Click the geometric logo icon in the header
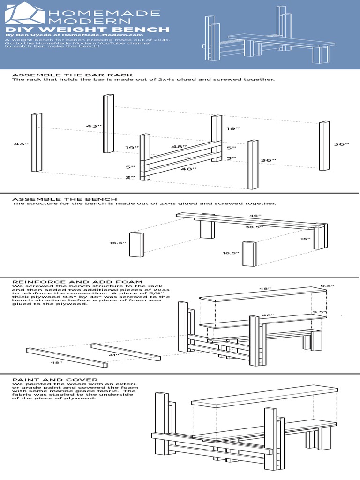pos(24,13)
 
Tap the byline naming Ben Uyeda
pos(74,35)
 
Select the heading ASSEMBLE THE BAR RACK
pos(72,75)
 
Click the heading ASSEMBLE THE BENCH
pos(65,199)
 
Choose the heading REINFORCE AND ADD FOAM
pos(77,282)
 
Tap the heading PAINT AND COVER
pos(55,380)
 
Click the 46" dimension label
pos(255,216)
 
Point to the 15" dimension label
pos(306,239)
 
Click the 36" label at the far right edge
pos(341,144)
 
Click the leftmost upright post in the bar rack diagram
pos(37,142)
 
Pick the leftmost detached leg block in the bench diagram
pos(136,244)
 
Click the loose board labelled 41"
pos(126,352)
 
